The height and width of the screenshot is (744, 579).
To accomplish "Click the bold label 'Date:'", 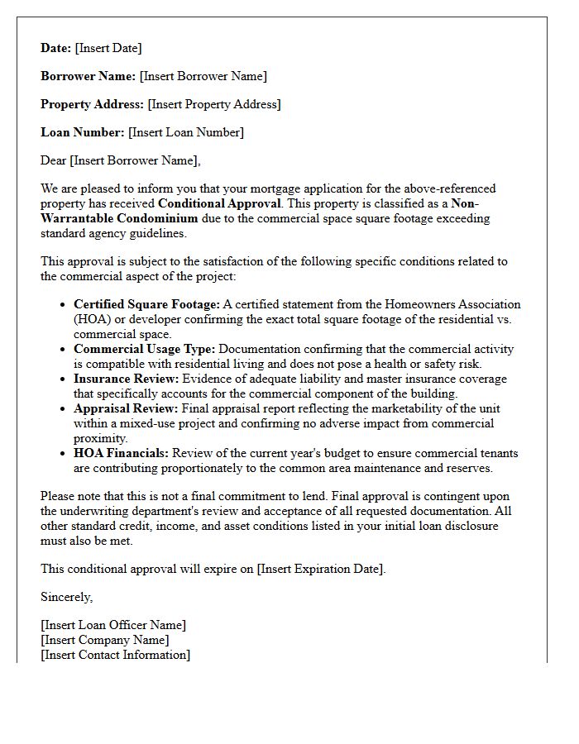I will coord(56,48).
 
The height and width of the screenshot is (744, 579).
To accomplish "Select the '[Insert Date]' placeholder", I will coord(108,48).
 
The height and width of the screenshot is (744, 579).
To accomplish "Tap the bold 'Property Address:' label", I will coord(92,104).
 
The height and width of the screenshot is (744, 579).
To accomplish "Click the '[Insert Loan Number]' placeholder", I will coord(186,132).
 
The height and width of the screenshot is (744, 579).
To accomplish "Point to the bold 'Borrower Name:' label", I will coord(89,76).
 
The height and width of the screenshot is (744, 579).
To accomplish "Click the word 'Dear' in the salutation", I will coord(54,160).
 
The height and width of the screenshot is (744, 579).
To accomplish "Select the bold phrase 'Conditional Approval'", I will coord(219,203).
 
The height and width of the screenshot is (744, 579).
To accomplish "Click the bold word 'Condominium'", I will coord(157,218).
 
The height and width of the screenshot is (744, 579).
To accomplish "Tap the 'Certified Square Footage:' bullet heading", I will coord(146,304).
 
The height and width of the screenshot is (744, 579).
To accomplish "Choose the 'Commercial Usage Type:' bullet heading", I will coord(144,349).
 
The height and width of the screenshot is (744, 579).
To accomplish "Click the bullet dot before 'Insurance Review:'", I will coord(64,379).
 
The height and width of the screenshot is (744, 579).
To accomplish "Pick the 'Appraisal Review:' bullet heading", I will coord(126,408).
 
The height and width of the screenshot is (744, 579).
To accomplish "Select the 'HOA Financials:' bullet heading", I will coord(121,453).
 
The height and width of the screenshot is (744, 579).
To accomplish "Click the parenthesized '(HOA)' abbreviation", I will coord(92,319).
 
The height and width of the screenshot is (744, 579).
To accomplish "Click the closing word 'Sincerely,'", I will coord(67,597).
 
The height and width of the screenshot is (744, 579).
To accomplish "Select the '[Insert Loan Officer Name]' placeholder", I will coord(113,625).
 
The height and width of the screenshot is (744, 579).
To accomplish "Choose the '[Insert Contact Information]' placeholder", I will coord(115,655).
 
